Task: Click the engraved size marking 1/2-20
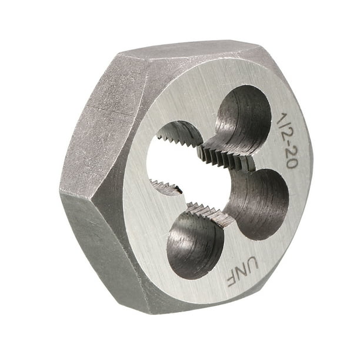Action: tap(286, 140)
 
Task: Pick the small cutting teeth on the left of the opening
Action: tap(165, 187)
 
